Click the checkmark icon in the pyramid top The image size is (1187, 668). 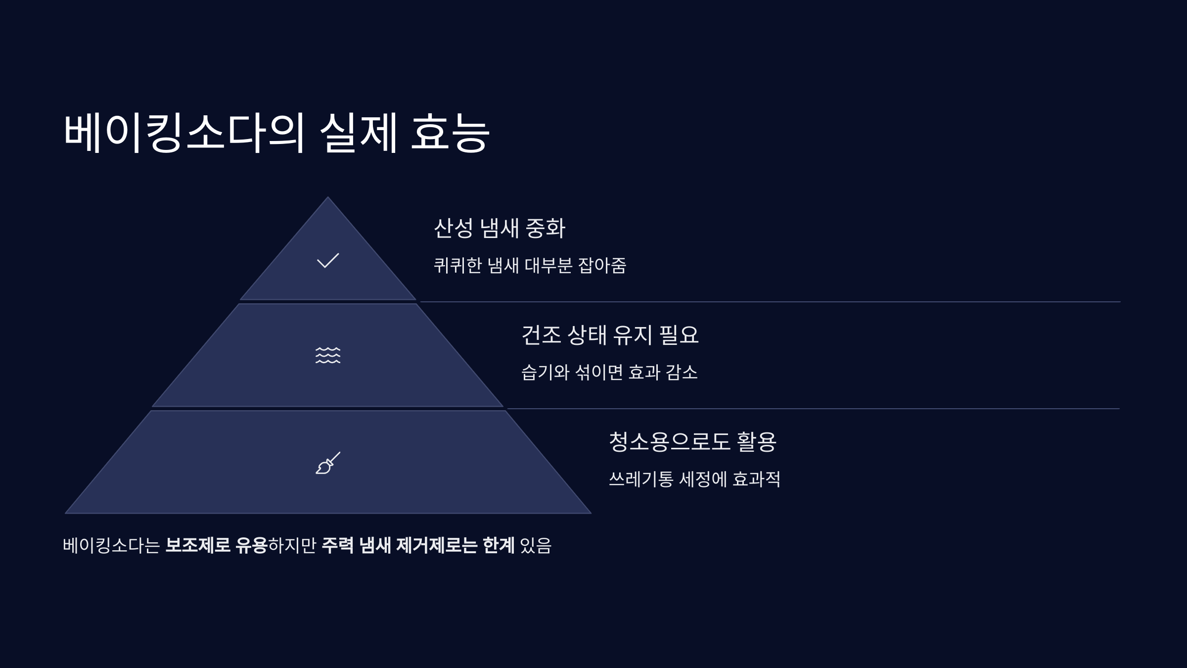(328, 260)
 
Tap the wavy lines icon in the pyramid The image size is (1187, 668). (328, 355)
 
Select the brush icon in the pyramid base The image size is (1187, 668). (328, 463)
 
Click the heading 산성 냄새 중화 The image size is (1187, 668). (499, 228)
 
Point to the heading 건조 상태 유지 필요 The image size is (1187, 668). (610, 335)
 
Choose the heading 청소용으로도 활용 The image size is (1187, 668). (692, 441)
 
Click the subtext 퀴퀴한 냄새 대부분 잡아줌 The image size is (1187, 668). (530, 266)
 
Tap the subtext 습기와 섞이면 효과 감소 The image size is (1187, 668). (609, 372)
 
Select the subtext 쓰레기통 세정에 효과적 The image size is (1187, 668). (694, 479)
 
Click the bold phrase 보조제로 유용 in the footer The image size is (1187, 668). (216, 545)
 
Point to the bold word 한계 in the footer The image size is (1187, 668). (498, 545)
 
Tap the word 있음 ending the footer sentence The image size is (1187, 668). (536, 545)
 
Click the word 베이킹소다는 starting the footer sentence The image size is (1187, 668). (111, 545)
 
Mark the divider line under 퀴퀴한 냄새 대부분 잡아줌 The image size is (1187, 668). (770, 302)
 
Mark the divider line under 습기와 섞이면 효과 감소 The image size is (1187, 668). (813, 409)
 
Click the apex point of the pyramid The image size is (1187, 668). (327, 198)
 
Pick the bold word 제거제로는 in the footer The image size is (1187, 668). (437, 545)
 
